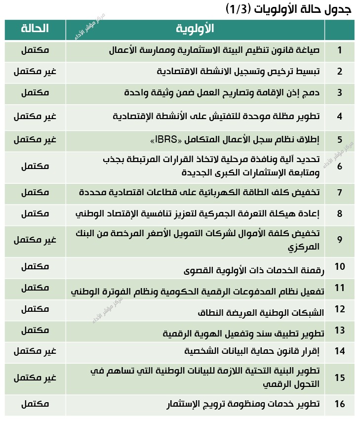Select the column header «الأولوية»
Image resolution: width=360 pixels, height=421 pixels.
[x=195, y=29]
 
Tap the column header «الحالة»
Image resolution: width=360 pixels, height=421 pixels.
[x=35, y=29]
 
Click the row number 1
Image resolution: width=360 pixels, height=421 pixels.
[x=339, y=50]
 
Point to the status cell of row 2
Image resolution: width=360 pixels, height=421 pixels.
[x=35, y=71]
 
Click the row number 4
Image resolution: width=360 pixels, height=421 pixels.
[x=339, y=117]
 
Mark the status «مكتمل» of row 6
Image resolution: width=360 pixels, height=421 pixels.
[x=35, y=166]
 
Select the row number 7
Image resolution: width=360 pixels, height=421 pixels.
[x=339, y=193]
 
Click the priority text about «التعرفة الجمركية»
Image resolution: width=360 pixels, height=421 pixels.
[x=198, y=214]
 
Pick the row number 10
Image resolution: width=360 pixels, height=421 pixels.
[x=339, y=267]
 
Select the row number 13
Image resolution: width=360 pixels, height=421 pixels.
[x=339, y=330]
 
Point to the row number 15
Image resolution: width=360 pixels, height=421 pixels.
[x=339, y=378]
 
